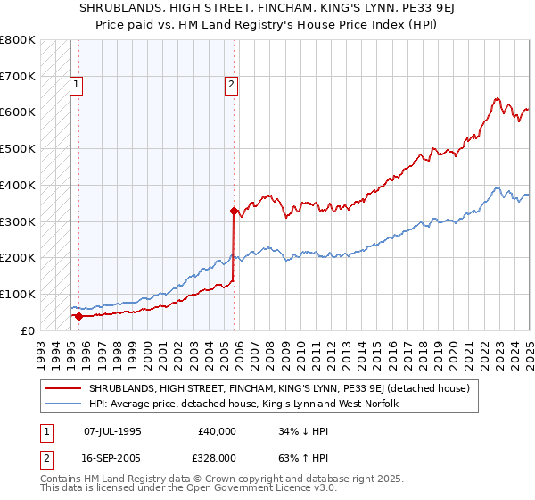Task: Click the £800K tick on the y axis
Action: click(x=18, y=40)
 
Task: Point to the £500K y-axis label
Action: click(x=18, y=149)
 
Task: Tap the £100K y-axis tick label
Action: click(x=18, y=294)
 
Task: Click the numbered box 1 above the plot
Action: click(x=77, y=86)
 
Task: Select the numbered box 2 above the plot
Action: click(x=231, y=86)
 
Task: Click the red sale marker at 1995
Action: click(x=78, y=315)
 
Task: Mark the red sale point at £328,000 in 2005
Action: click(x=234, y=212)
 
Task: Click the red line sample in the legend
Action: click(x=63, y=388)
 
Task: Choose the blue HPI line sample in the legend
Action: click(x=63, y=404)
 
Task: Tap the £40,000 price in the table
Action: click(x=218, y=430)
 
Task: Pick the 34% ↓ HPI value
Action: click(x=298, y=430)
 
